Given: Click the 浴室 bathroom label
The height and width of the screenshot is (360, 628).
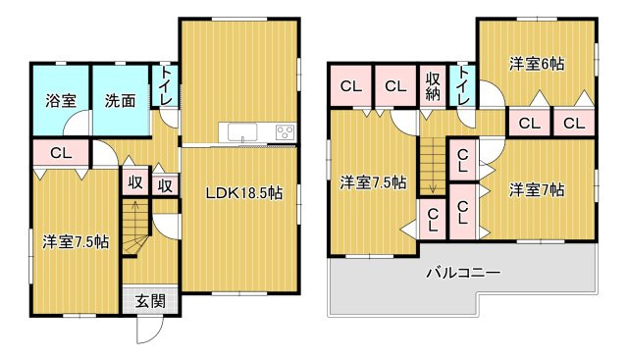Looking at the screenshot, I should pos(61,99).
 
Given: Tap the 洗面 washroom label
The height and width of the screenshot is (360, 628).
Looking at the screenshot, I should pos(121,99).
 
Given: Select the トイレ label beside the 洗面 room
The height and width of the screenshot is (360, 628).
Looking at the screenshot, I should pos(167,85).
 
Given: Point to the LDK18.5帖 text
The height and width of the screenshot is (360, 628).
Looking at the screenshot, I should pos(243,192).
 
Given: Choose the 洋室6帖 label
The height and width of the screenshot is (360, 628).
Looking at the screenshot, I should pos(536,64).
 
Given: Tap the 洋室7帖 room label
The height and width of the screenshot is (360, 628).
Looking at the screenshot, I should pos(536,189).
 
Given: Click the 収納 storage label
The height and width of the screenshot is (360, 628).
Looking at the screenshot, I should pos(433,87).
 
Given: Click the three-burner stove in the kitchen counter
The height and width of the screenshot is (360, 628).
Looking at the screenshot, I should pos(285,132).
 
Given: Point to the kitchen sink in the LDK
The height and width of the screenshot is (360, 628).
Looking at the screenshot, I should pos(239,132).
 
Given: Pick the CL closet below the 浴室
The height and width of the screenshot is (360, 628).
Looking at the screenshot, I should pos(60,153).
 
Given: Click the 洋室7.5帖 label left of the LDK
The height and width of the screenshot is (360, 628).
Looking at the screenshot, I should pos(75,240).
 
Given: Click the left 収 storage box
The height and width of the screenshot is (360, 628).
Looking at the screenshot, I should pos(132,183).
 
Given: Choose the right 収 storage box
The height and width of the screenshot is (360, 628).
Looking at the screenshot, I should pos(166,183).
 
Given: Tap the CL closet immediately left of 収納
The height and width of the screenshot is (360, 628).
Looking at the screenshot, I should pos(394,87).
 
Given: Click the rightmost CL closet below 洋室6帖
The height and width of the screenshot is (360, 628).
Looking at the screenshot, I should pos(574,123).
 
